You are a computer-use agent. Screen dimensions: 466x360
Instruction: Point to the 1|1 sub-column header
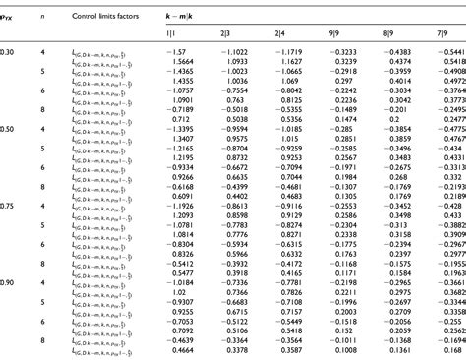pos(171,33)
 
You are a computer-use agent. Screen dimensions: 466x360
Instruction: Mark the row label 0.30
pos(8,51)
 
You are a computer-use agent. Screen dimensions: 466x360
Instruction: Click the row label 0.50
pos(8,129)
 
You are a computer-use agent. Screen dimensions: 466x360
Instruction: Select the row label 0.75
pos(8,206)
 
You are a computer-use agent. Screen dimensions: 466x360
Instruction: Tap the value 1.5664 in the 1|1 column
pos(175,62)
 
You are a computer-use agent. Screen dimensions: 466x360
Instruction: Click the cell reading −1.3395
pos(175,129)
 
